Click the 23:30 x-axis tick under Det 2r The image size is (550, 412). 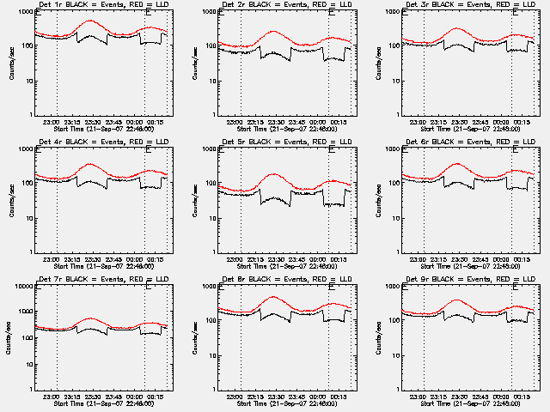point(274,122)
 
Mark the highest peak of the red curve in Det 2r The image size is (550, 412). point(274,31)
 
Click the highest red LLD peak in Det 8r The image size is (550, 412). point(274,297)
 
